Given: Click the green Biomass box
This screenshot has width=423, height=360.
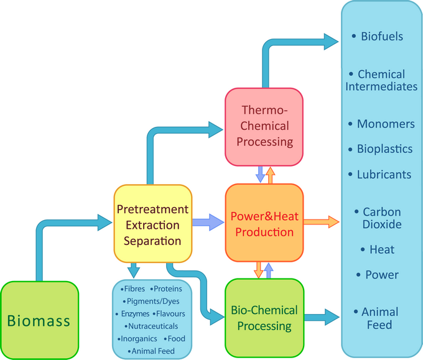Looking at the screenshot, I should coord(39,321).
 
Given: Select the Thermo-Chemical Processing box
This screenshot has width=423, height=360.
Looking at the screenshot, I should coord(264,127).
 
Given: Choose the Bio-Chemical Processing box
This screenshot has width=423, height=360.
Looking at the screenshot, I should coord(264,318).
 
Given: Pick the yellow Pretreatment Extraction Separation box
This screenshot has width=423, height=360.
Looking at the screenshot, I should coord(152,224).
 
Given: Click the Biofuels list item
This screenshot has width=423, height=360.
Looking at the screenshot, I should coord(381,36).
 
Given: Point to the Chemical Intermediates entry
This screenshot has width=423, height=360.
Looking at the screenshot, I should coord(381,80).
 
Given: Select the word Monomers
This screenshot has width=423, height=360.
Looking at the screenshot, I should coord(385,124).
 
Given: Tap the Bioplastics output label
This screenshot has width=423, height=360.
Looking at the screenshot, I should coord(384,149).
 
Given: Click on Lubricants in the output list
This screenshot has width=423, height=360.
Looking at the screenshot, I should coord(383,175).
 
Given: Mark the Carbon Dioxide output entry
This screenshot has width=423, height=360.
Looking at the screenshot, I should coord(381,218).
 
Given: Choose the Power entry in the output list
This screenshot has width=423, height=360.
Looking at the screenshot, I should coord(382,275).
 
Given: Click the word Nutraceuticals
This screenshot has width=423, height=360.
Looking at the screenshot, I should coord(152,326).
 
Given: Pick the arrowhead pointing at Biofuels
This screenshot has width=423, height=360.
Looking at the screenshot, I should coord(331,41).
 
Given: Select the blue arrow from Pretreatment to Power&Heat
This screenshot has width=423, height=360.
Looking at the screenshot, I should coord(208,221).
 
